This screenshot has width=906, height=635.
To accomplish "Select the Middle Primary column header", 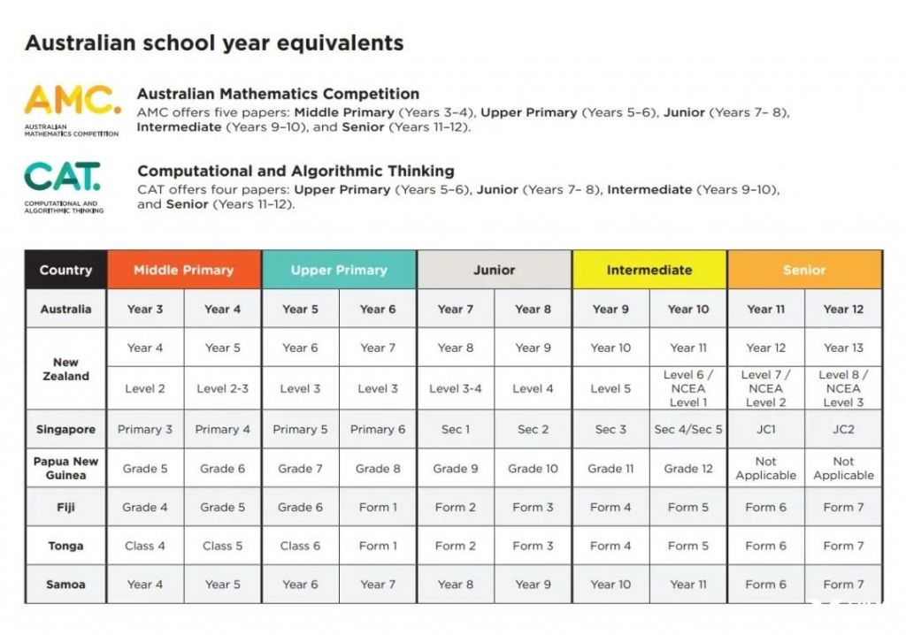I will tap(184, 270).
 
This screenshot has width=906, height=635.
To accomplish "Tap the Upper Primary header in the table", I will tap(339, 270).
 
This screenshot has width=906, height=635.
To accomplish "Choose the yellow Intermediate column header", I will tap(649, 270).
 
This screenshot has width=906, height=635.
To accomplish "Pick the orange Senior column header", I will tap(804, 270).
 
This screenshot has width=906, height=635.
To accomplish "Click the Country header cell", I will tap(65, 270).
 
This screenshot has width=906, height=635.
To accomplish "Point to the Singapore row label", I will tap(65, 429).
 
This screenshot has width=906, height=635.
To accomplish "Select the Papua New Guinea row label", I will tap(65, 468).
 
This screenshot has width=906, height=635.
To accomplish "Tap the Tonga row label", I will tap(65, 546).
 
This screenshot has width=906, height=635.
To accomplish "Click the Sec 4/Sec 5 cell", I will tap(688, 429).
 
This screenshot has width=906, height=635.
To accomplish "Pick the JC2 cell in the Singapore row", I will tap(843, 429).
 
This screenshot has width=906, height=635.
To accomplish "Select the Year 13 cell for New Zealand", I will tap(843, 348).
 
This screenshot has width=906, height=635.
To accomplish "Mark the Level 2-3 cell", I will tap(222, 388).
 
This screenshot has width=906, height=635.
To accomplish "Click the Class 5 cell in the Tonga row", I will tap(222, 546).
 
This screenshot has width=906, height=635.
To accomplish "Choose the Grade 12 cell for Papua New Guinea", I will tap(688, 468).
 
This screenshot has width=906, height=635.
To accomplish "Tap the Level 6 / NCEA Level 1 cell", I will tap(688, 388).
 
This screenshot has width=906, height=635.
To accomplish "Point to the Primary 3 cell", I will tap(145, 429).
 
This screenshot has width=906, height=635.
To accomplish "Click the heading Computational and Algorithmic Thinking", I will tap(296, 171).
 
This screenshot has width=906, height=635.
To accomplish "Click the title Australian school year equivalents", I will tap(214, 42).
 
